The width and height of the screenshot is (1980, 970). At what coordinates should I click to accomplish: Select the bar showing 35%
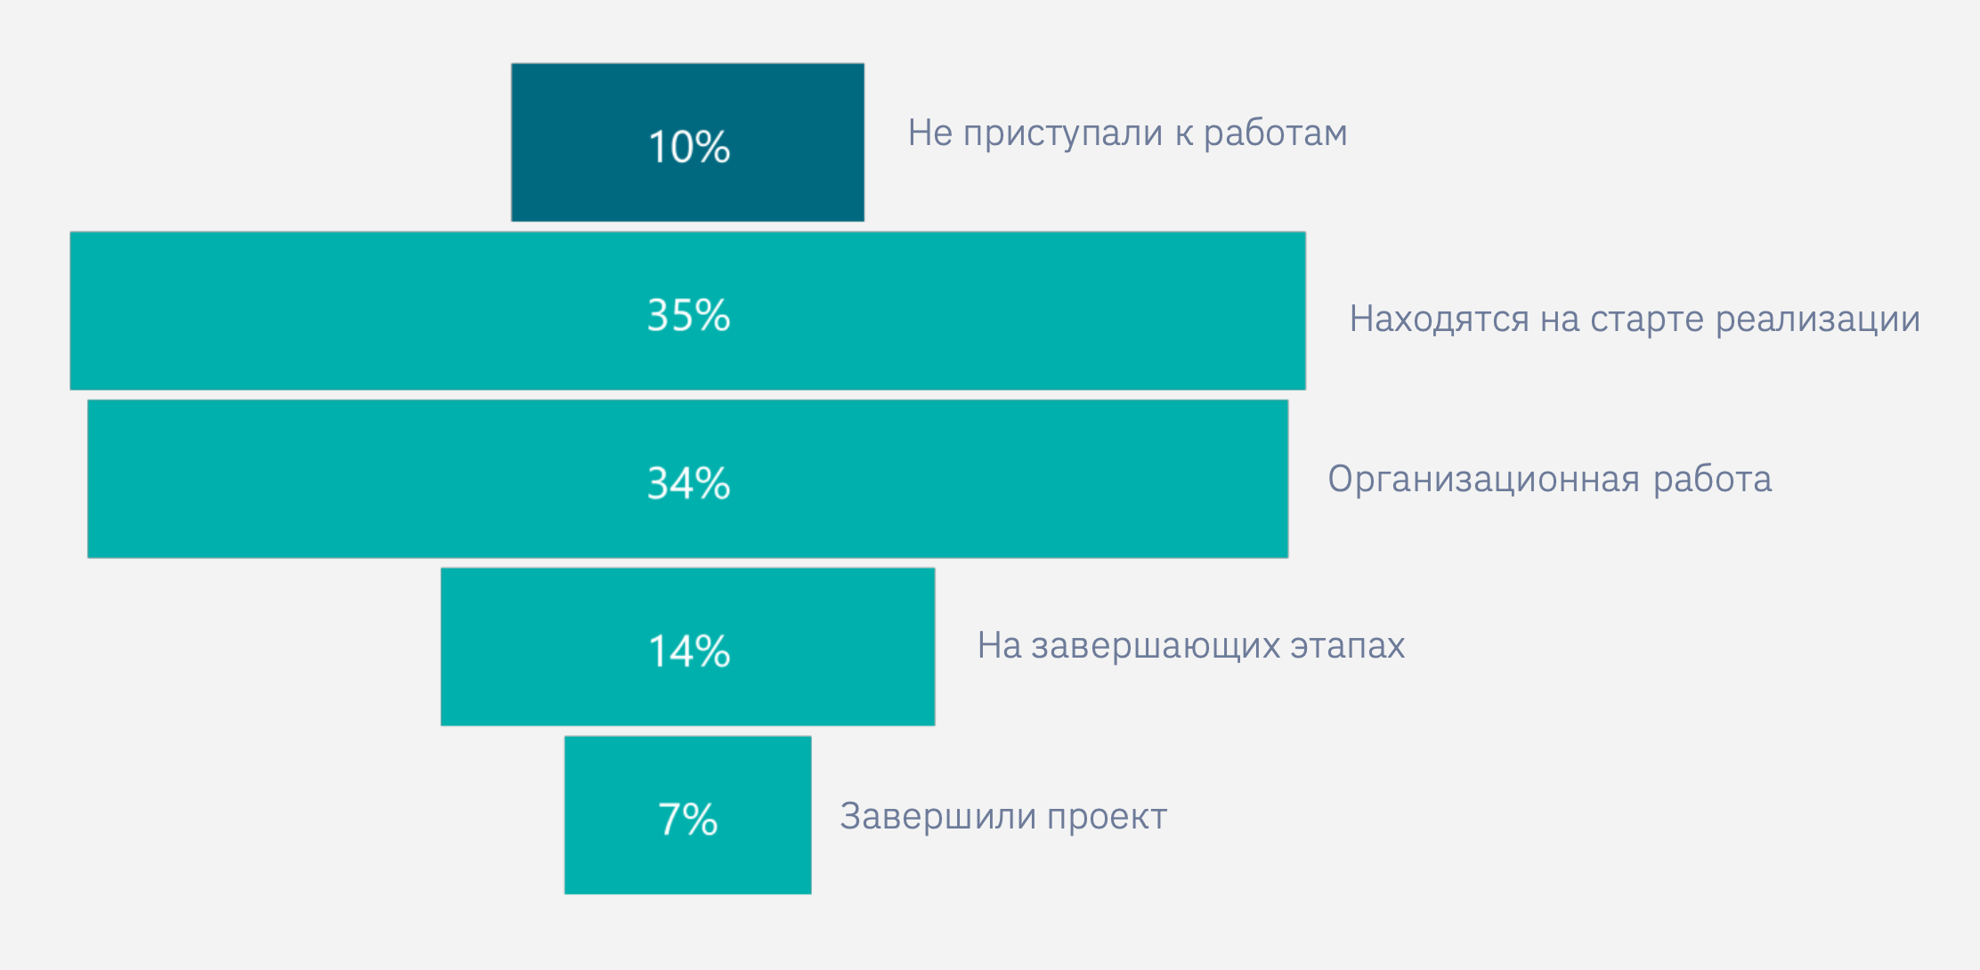tap(356, 311)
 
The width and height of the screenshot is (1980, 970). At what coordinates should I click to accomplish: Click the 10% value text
tap(689, 147)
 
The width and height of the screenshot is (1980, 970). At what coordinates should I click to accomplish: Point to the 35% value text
tap(688, 315)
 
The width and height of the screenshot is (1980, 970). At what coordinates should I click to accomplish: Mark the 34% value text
tap(688, 483)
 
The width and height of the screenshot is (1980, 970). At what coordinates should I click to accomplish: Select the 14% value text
tap(689, 651)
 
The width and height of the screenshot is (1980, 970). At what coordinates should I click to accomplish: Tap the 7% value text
tap(687, 820)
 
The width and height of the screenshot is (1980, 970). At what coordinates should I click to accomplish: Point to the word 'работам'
tap(1275, 133)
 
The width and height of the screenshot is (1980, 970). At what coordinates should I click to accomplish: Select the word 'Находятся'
tap(1439, 319)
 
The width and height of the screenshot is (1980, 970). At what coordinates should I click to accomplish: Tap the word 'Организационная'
tap(1483, 480)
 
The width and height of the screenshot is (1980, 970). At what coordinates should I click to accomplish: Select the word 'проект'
tap(1107, 817)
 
